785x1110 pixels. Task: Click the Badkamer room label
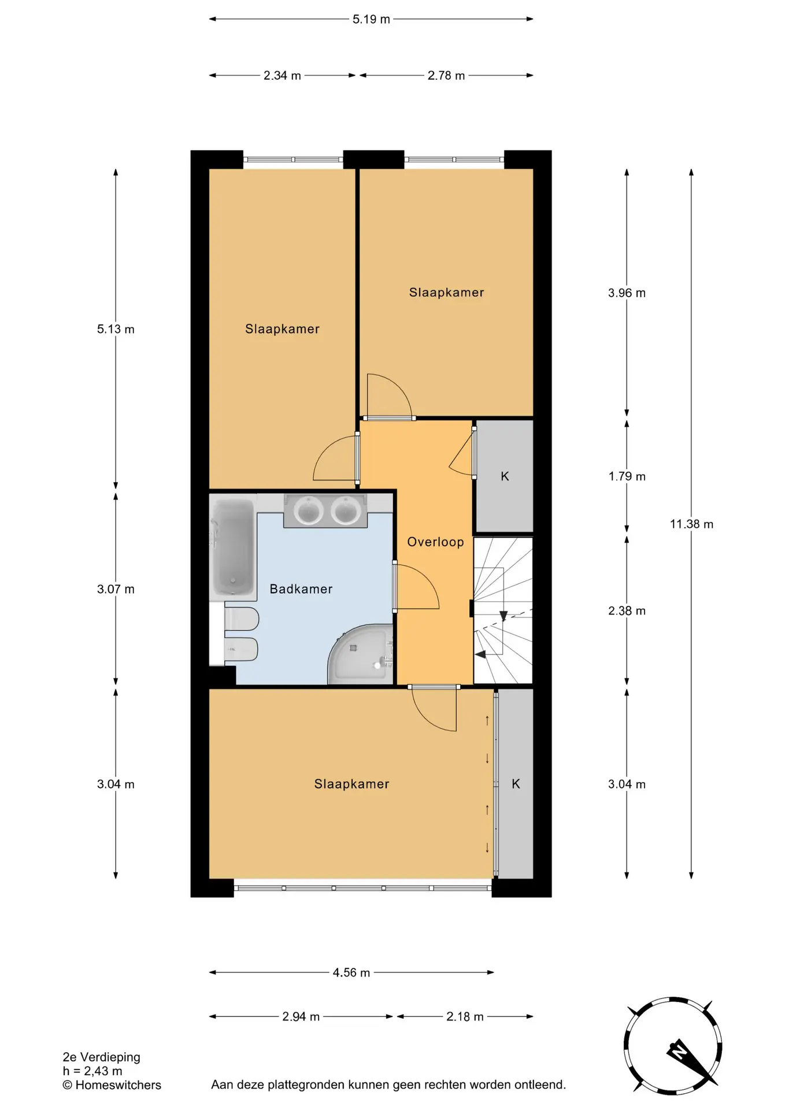click(x=301, y=589)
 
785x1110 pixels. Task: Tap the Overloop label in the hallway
click(x=435, y=542)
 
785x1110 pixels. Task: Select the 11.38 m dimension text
click(x=691, y=524)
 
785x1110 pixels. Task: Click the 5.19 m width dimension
click(x=371, y=19)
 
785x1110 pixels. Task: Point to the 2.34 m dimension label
click(x=282, y=76)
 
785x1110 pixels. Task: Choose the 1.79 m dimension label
click(x=627, y=477)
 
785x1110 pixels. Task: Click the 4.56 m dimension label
click(x=351, y=973)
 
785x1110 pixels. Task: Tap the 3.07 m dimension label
click(x=116, y=590)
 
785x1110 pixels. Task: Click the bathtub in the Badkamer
click(x=233, y=547)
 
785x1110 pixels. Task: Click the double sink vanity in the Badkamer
click(x=325, y=510)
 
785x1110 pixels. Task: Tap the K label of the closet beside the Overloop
click(x=505, y=476)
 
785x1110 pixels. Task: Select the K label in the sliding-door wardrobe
click(x=516, y=784)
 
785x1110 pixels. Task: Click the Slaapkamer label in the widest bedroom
click(x=351, y=785)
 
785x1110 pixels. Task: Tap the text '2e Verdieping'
click(x=101, y=1057)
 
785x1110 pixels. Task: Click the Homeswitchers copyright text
click(x=112, y=1085)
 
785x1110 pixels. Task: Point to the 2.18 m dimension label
click(x=465, y=1017)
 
